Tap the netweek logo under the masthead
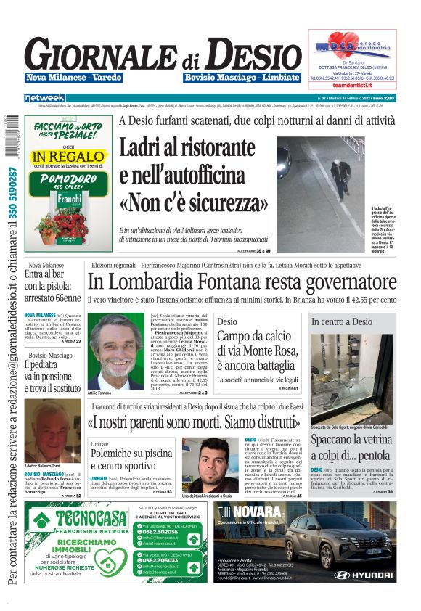pyautogui.click(x=45, y=97)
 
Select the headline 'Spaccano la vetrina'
pyautogui.click(x=353, y=439)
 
